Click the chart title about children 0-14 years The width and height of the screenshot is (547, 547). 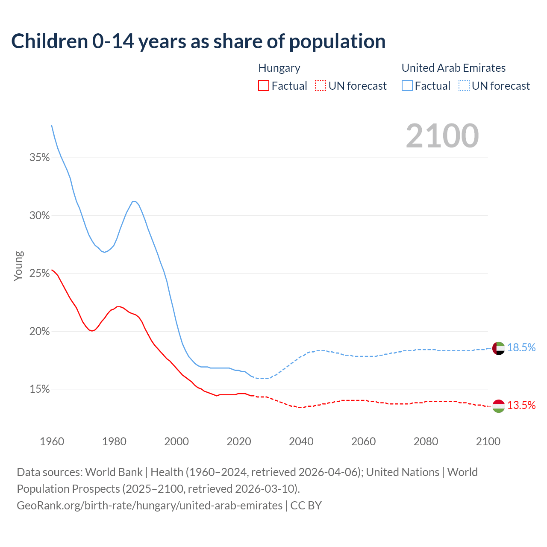click(198, 41)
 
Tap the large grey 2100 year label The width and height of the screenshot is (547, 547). click(442, 136)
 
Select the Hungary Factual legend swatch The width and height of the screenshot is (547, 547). click(264, 85)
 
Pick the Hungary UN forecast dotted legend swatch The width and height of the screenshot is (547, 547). click(321, 85)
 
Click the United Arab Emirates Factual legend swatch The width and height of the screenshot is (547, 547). click(407, 85)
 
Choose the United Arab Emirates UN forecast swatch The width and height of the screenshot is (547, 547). click(464, 85)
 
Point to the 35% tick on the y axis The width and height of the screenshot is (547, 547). click(39, 158)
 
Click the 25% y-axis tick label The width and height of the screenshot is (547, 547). click(39, 273)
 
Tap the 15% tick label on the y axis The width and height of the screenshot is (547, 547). click(39, 389)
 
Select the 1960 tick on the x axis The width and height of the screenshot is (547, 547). click(52, 441)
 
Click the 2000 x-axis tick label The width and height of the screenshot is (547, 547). click(176, 441)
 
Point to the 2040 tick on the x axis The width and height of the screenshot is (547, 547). click(301, 441)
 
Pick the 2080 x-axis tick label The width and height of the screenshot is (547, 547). click(426, 441)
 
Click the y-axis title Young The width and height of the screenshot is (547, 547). click(18, 266)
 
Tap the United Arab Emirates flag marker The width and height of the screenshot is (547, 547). click(499, 348)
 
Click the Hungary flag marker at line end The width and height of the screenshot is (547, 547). click(499, 406)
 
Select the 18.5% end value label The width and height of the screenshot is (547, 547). click(521, 348)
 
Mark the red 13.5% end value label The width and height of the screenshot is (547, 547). click(521, 406)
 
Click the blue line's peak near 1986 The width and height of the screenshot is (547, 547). click(134, 201)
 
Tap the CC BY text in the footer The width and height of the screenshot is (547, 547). click(306, 506)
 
